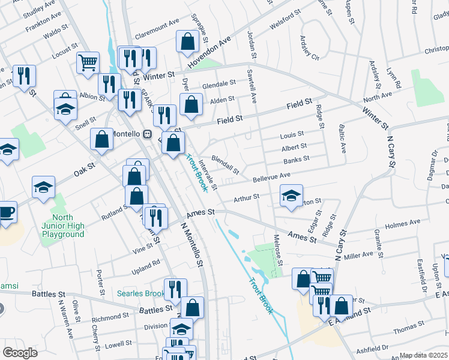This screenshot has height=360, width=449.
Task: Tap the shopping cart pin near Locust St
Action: click(88, 62)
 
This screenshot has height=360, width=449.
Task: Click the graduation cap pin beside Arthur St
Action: click(291, 196)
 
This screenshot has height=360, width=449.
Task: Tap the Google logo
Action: click(20, 353)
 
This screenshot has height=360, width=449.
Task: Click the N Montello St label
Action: click(193, 246)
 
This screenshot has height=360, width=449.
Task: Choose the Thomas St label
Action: click(408, 328)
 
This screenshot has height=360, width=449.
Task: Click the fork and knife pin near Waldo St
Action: click(24, 76)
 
